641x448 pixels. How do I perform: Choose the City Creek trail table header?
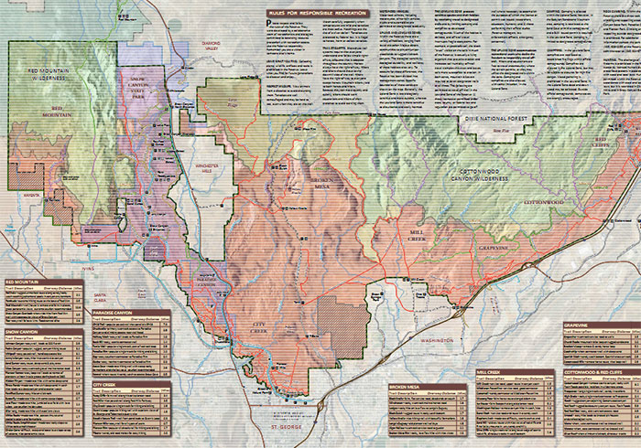111,385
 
